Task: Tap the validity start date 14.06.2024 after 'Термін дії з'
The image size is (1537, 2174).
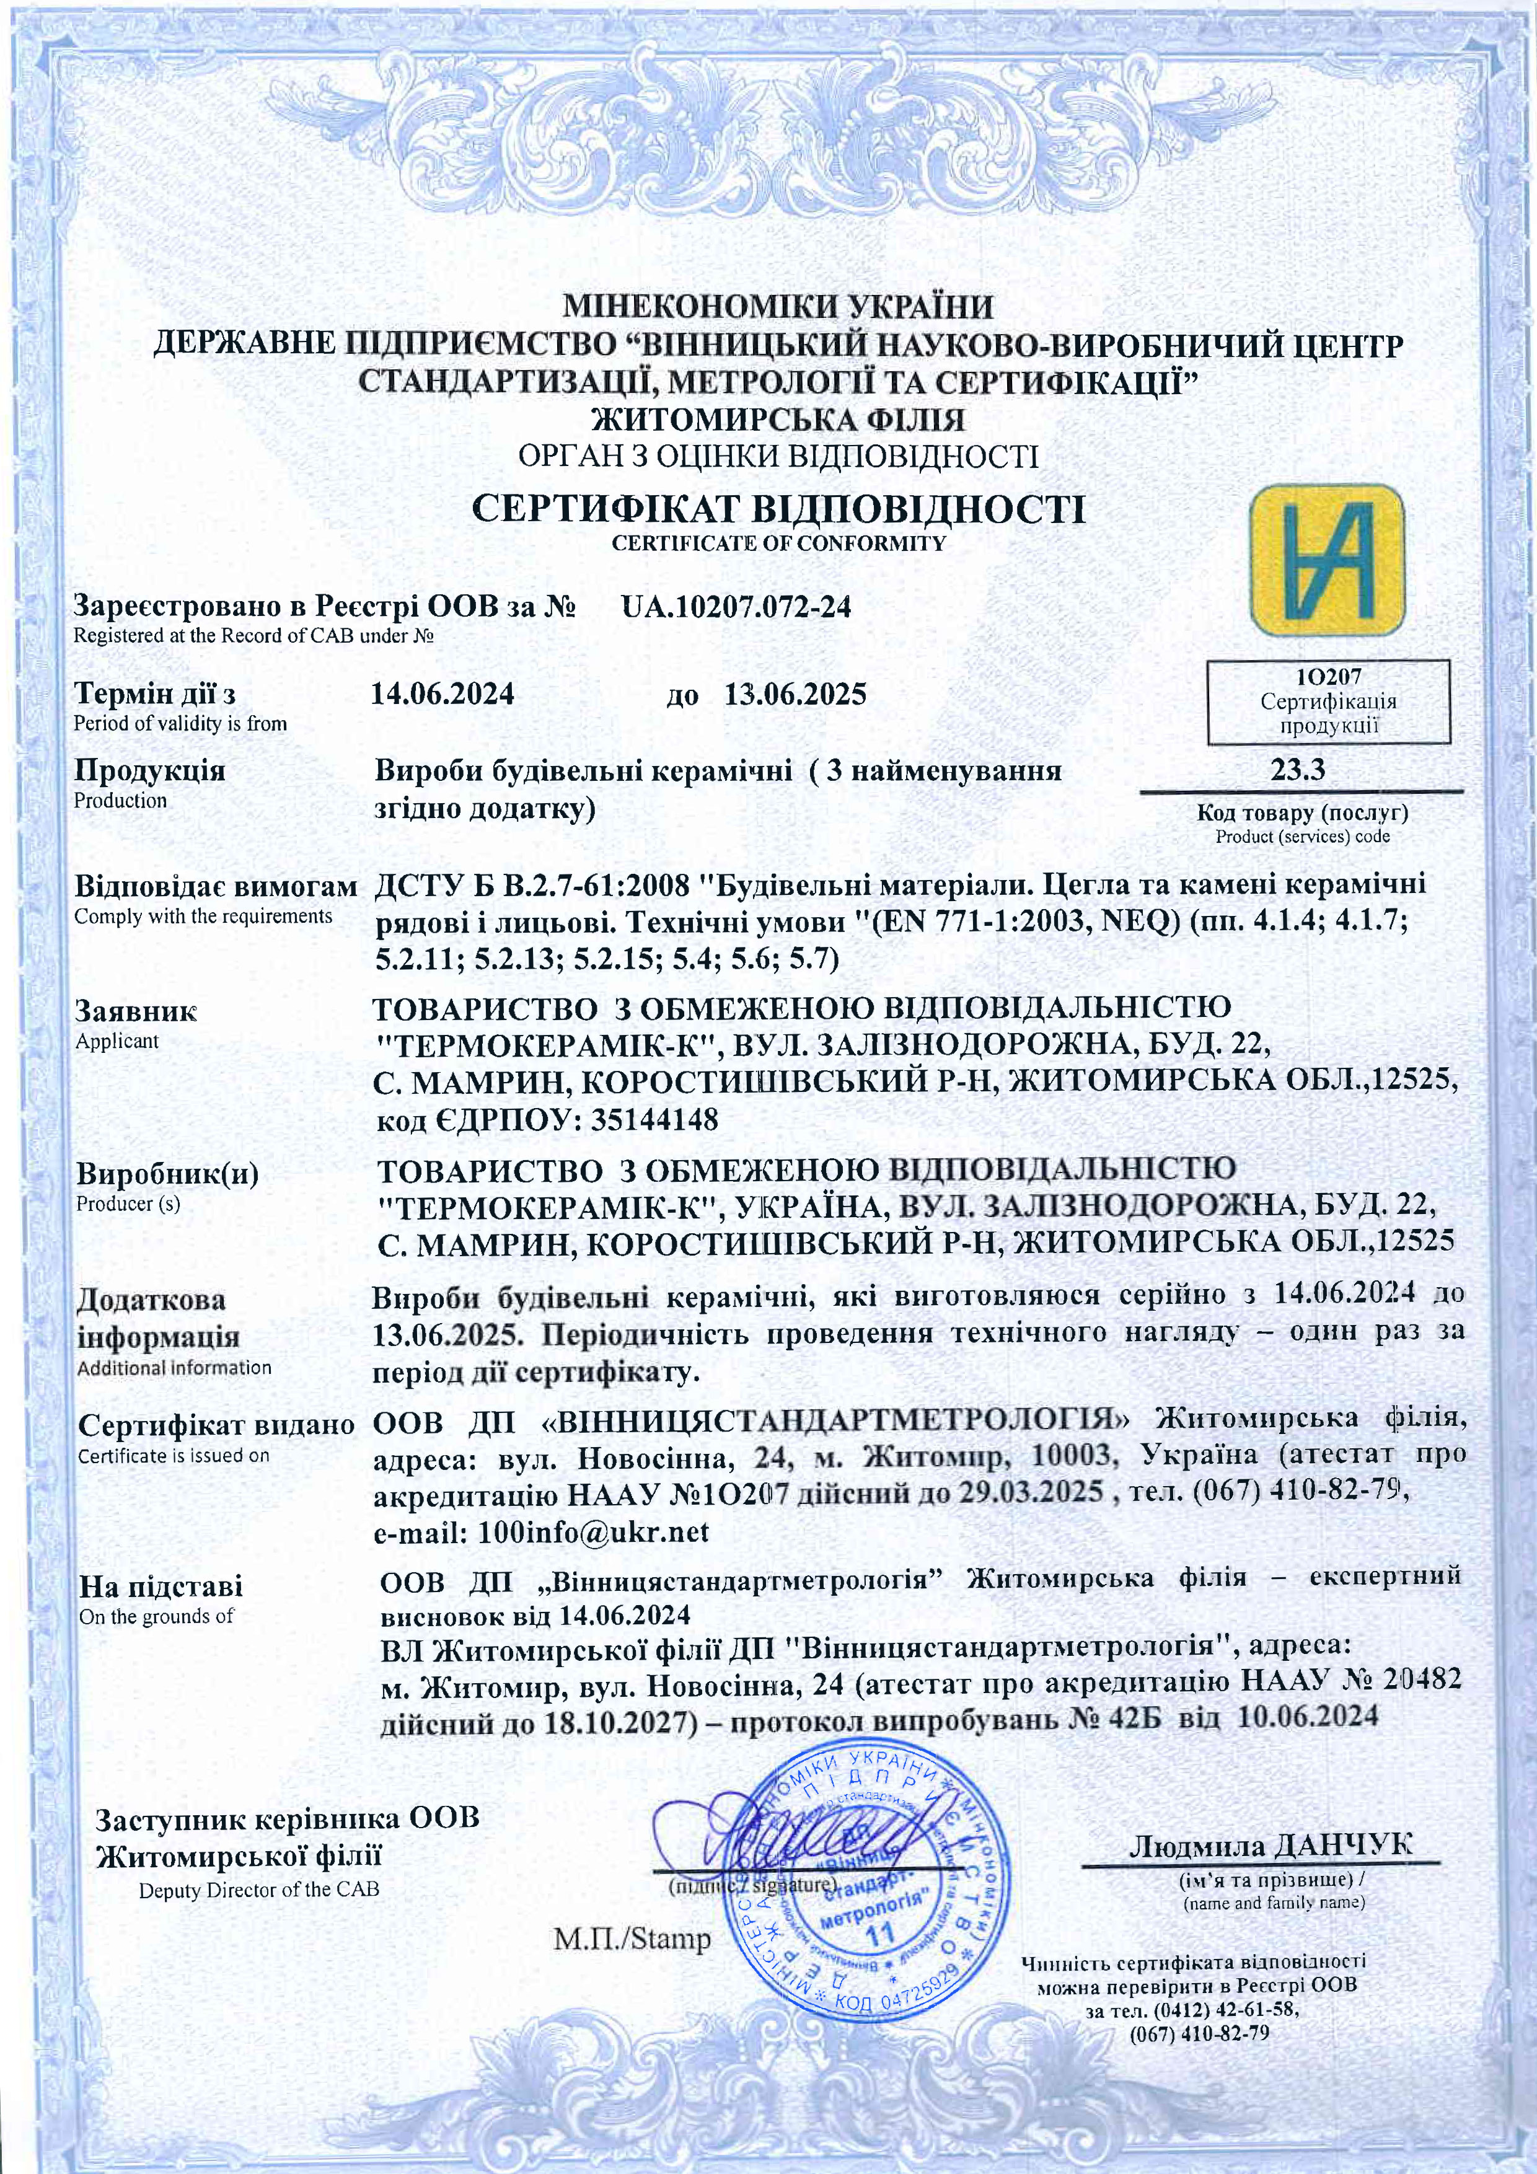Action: (443, 694)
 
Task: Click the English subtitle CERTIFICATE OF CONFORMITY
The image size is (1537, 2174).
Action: (778, 543)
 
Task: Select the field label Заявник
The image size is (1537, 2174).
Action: (136, 1011)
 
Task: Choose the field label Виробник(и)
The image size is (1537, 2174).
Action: (167, 1175)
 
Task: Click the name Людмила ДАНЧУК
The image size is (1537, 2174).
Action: (1270, 1846)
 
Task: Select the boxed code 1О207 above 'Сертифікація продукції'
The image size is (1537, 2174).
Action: (1328, 677)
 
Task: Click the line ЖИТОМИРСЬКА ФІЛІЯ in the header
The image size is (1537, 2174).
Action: (778, 418)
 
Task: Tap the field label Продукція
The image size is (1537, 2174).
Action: (149, 770)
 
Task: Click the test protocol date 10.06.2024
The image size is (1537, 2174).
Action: (1307, 1716)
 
